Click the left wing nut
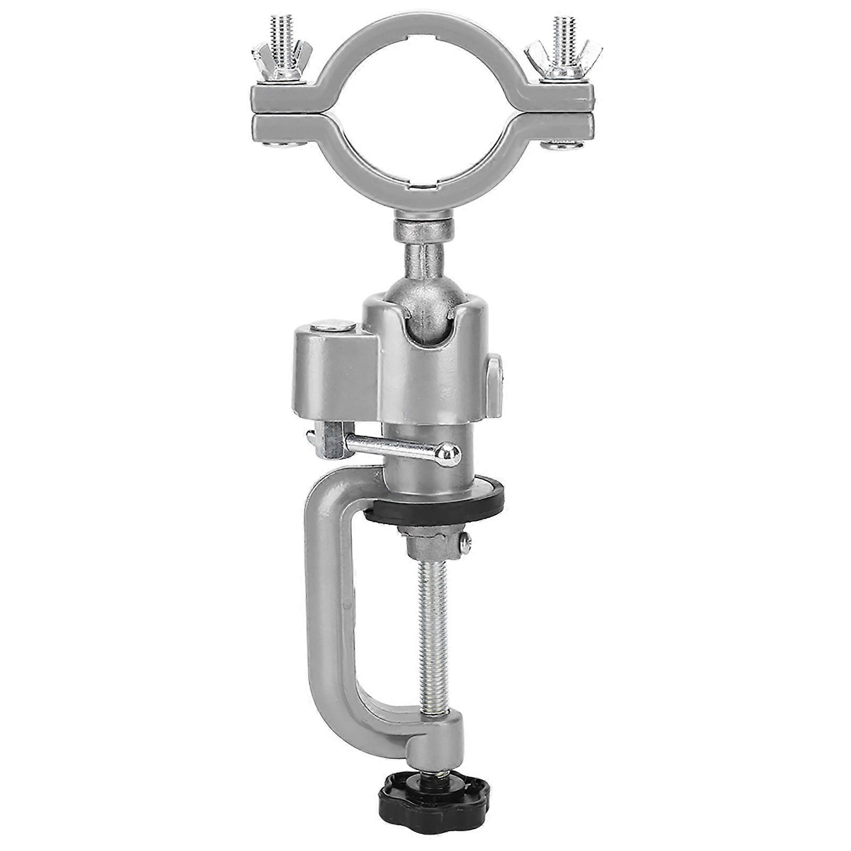point(279,62)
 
